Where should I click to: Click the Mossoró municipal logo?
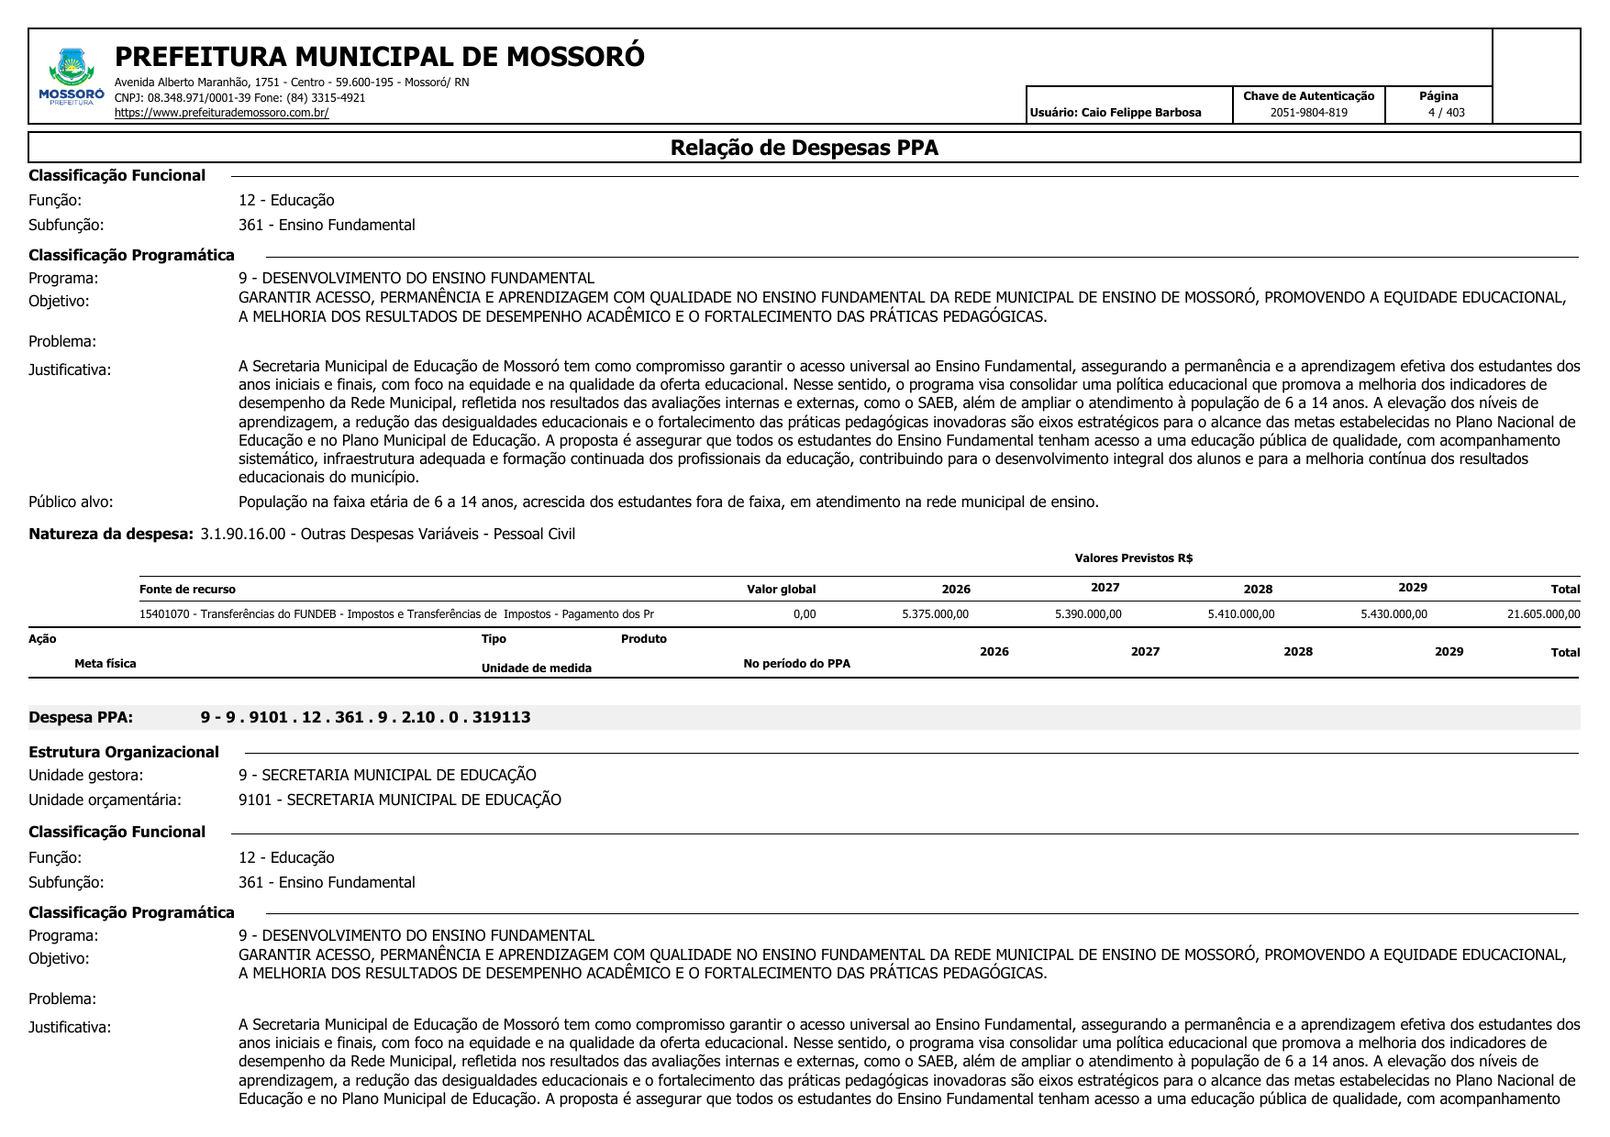tap(72, 76)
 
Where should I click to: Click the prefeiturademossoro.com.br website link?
tap(221, 114)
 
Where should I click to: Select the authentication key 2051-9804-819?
tap(1308, 113)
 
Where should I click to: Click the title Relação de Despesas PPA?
tap(804, 148)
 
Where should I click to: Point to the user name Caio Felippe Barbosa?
tap(1140, 113)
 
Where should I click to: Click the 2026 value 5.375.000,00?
tap(935, 614)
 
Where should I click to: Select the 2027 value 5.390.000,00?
tap(1088, 614)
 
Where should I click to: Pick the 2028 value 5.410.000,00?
tap(1240, 614)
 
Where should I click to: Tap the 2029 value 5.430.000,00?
tap(1393, 614)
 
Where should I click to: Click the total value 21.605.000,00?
tap(1543, 614)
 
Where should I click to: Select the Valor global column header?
tap(781, 590)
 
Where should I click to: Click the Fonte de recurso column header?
tap(187, 590)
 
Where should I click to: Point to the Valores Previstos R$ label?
tap(1133, 558)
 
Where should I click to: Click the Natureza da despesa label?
tap(111, 535)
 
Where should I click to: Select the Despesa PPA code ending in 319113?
tap(365, 717)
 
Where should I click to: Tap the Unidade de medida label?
tap(536, 668)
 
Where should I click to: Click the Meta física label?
tap(105, 664)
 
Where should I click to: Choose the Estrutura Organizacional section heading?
tap(124, 753)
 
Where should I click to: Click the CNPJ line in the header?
tap(239, 98)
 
